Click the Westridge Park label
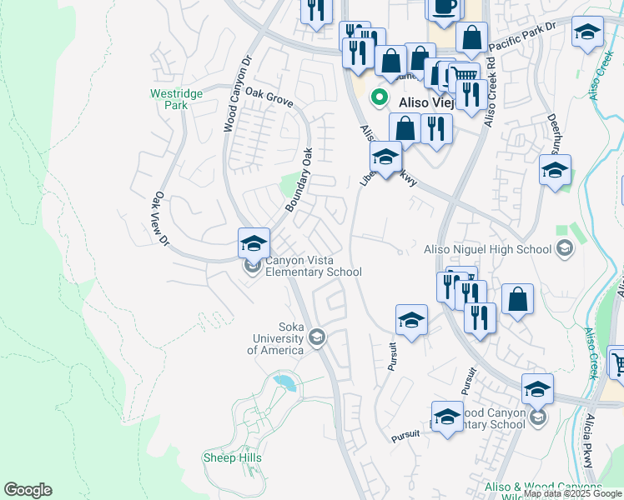click(x=176, y=100)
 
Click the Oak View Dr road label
click(x=161, y=220)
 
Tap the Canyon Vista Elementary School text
click(x=313, y=266)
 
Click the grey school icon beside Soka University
click(x=316, y=337)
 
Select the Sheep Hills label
click(x=233, y=457)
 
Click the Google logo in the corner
click(x=28, y=490)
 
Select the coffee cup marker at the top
click(x=442, y=7)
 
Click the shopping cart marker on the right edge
click(x=617, y=361)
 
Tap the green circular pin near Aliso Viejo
click(x=379, y=98)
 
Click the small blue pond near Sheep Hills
click(x=284, y=382)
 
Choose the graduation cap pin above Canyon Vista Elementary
click(x=254, y=243)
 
